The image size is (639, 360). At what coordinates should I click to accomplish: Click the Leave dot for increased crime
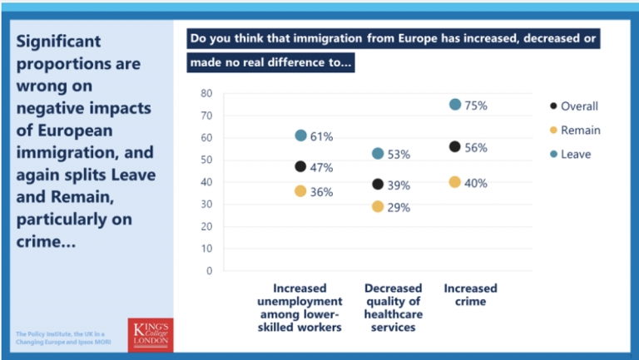pyautogui.click(x=454, y=104)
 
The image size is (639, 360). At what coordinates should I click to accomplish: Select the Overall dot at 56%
pyautogui.click(x=454, y=146)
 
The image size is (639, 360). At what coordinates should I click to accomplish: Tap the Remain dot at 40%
pyautogui.click(x=454, y=182)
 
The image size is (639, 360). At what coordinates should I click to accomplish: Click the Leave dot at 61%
pyautogui.click(x=301, y=136)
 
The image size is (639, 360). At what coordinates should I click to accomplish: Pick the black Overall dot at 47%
pyautogui.click(x=301, y=166)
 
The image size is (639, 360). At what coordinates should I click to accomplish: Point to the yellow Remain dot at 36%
pyautogui.click(x=301, y=191)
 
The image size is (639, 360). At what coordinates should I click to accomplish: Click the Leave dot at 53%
pyautogui.click(x=378, y=153)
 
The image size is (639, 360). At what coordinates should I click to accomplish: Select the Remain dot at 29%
pyautogui.click(x=378, y=206)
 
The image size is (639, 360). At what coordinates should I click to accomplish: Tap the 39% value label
pyautogui.click(x=399, y=185)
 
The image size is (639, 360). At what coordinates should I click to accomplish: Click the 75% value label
pyautogui.click(x=476, y=106)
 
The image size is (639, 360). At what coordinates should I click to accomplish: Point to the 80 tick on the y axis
pyautogui.click(x=206, y=93)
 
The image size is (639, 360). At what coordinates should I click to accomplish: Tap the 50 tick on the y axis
pyautogui.click(x=206, y=160)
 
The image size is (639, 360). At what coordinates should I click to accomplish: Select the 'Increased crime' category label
pyautogui.click(x=470, y=295)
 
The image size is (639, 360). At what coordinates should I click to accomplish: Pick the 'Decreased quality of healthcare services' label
pyautogui.click(x=394, y=308)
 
